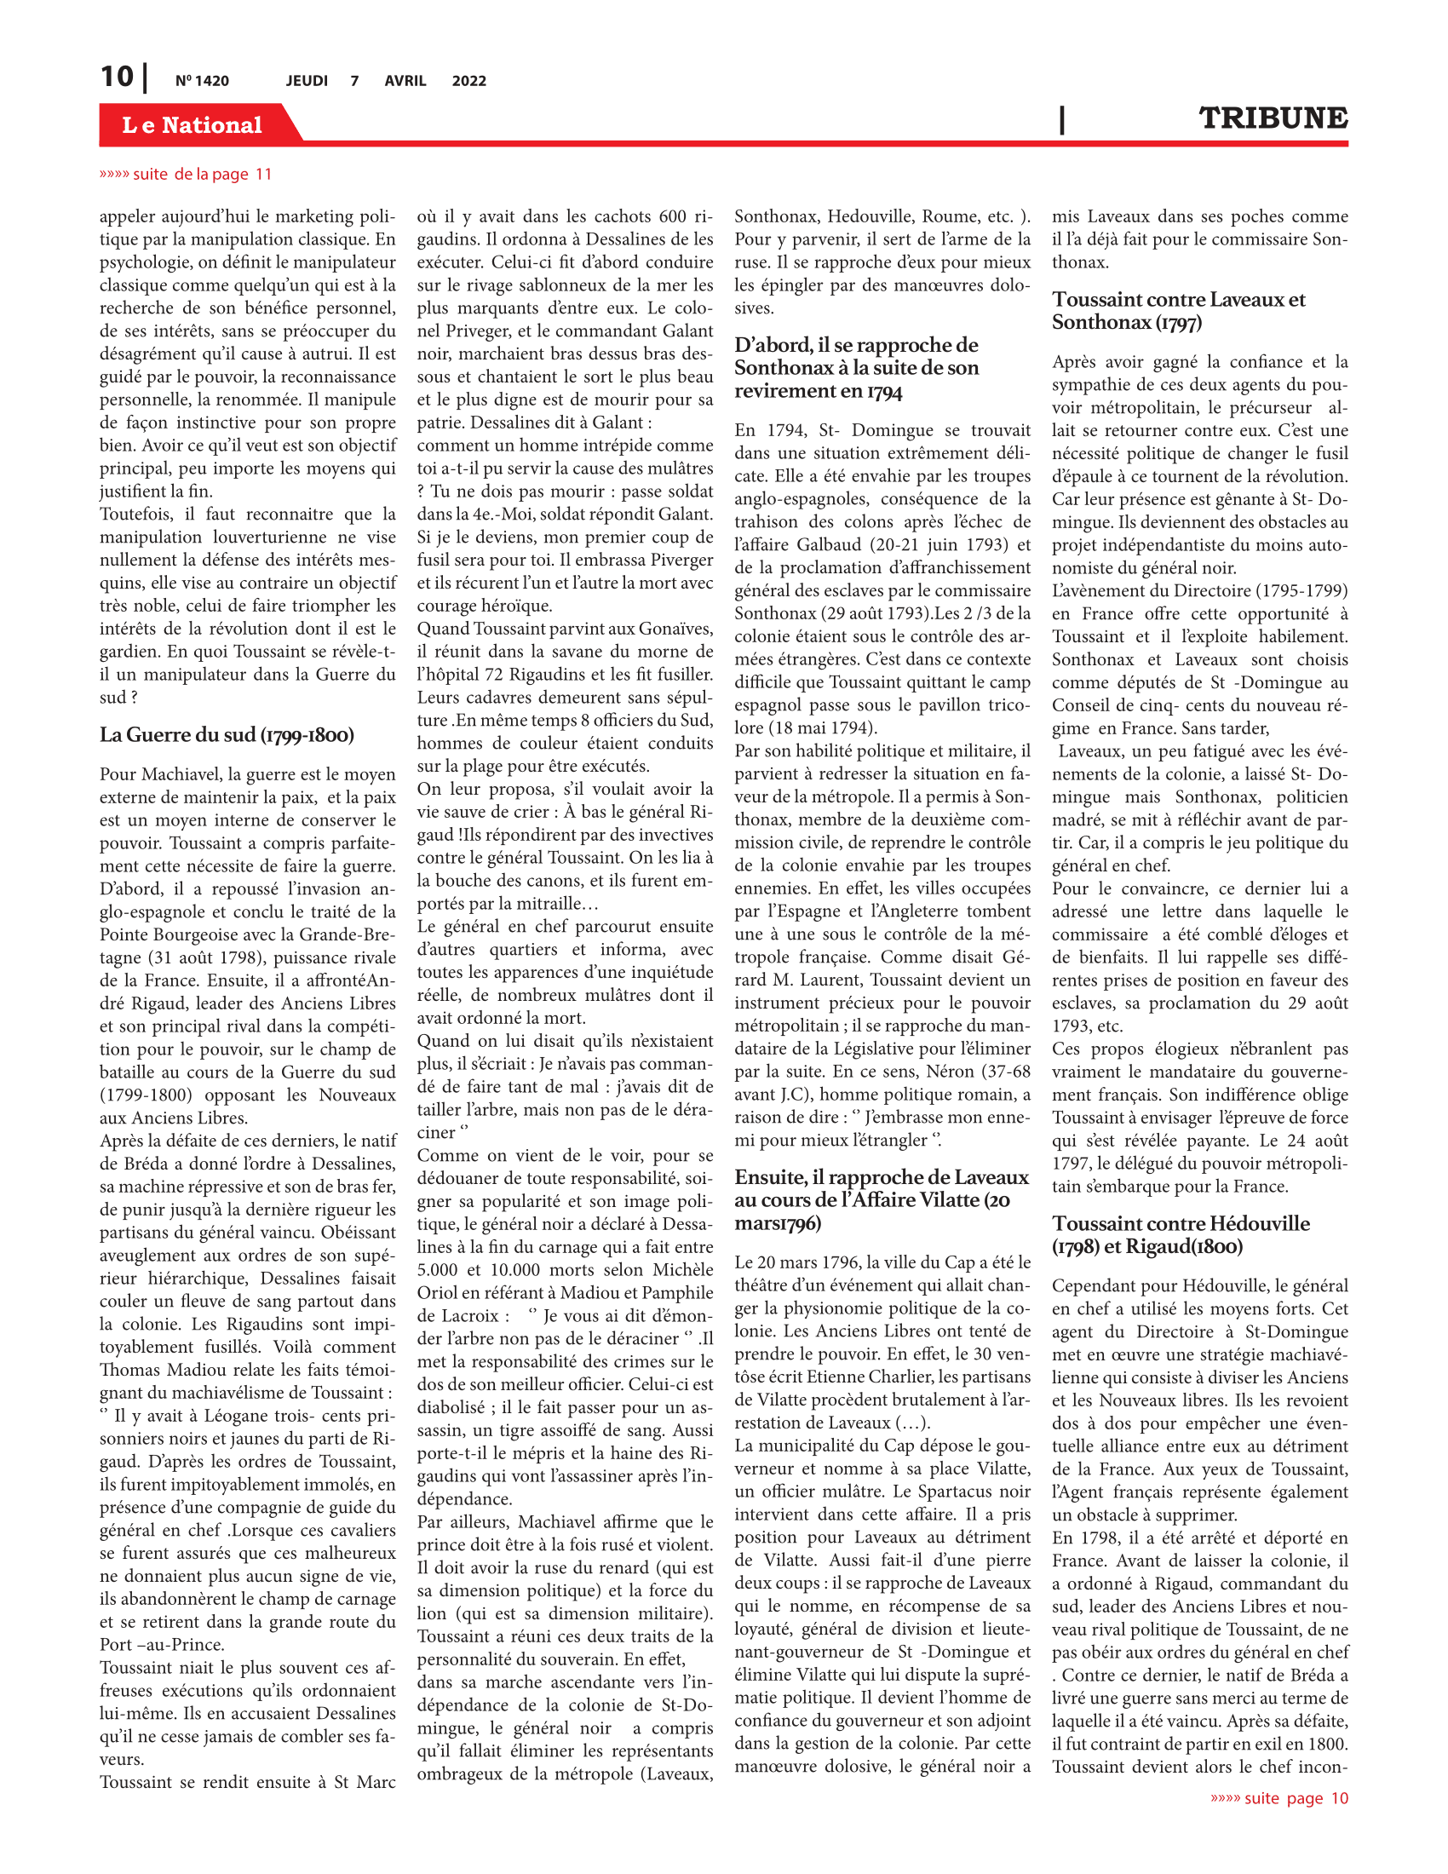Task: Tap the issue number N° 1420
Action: click(x=203, y=81)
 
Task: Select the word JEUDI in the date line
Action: click(x=307, y=81)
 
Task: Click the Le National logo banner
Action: click(x=192, y=125)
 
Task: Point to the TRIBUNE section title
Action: click(x=1273, y=118)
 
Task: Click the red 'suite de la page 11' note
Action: click(x=187, y=174)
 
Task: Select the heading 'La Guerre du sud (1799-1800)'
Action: click(x=227, y=734)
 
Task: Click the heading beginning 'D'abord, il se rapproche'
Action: click(x=856, y=367)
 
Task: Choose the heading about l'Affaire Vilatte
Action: click(x=881, y=1199)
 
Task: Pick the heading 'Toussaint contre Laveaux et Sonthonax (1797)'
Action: click(x=1179, y=311)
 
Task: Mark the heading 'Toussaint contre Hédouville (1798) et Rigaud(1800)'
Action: click(x=1181, y=1235)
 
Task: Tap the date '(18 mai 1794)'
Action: click(x=806, y=727)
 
